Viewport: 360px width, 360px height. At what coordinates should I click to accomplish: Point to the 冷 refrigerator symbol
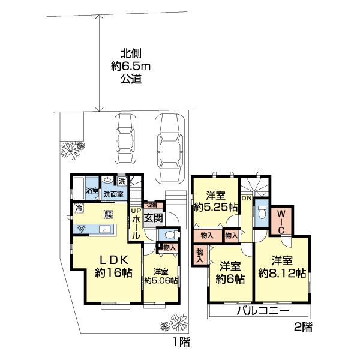78,208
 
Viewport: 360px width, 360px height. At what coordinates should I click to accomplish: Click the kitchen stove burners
80,229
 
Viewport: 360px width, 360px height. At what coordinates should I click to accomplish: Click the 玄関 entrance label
153,218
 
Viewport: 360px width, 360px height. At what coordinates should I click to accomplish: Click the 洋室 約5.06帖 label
161,275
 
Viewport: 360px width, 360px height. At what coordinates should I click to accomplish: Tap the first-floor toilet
170,235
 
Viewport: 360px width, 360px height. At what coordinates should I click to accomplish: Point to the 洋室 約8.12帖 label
282,267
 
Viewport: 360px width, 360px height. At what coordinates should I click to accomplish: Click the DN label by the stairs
246,198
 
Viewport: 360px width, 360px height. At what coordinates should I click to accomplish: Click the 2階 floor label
302,327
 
